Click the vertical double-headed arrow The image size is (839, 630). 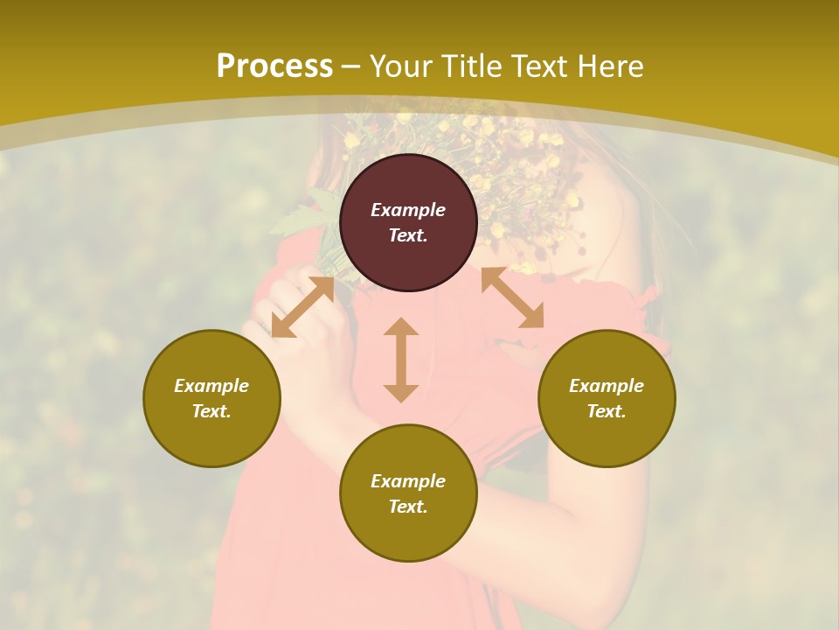coord(401,360)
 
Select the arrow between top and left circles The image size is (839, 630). coord(302,307)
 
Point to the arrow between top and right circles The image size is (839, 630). coord(512,297)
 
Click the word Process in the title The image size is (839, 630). coord(274,66)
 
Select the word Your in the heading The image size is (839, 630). coord(399,66)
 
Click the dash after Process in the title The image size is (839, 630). coord(350,66)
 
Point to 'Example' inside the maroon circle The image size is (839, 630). coord(408,210)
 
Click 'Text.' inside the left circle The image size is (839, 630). coord(211,411)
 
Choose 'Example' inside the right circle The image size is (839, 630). coord(607,386)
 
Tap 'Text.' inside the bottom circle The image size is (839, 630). coord(408,507)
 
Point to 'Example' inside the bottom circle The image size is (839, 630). coord(408,481)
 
